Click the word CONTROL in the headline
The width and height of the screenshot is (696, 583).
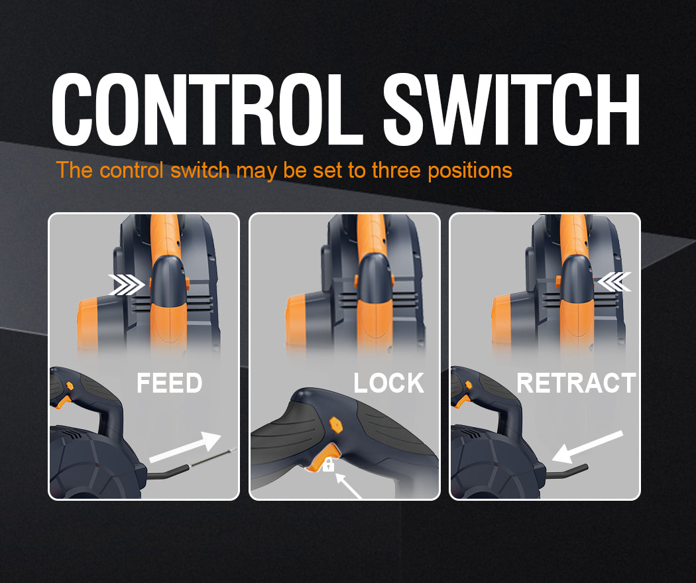click(207, 109)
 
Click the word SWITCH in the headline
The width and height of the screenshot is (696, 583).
click(511, 109)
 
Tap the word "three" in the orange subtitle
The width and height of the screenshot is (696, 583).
click(396, 170)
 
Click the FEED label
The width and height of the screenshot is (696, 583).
click(169, 383)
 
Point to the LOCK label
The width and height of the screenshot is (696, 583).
click(389, 383)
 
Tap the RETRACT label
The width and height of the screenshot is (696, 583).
click(576, 383)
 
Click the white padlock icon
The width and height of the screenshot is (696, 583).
click(329, 464)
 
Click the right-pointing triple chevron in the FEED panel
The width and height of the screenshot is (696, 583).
click(127, 285)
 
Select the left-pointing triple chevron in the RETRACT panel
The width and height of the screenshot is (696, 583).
click(614, 282)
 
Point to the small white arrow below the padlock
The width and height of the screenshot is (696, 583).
click(348, 486)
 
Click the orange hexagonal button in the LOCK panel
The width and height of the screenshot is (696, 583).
click(336, 424)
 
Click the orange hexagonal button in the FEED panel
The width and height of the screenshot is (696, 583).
click(69, 385)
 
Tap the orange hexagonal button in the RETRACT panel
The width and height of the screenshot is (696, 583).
click(469, 385)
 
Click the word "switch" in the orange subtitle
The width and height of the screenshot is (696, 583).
click(200, 170)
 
